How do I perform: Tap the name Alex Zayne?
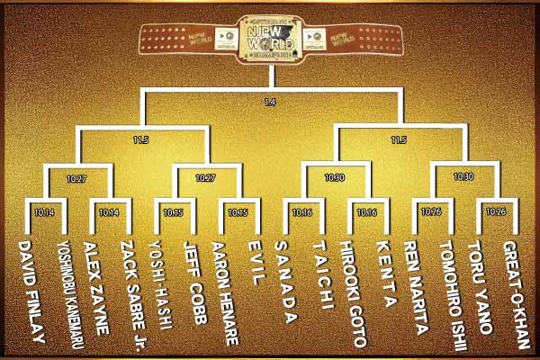click(96, 284)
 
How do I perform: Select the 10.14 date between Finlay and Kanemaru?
click(45, 212)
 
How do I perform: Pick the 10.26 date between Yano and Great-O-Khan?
click(495, 212)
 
